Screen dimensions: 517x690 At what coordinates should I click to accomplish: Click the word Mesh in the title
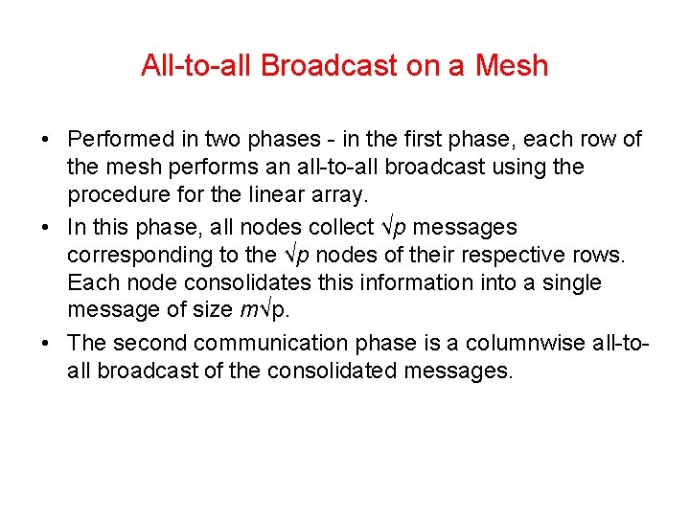coord(511,65)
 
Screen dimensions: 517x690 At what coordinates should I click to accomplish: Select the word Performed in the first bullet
coord(123,139)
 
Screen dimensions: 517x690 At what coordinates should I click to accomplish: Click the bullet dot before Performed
coord(46,140)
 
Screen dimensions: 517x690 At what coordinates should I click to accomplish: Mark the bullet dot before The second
coord(46,344)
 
